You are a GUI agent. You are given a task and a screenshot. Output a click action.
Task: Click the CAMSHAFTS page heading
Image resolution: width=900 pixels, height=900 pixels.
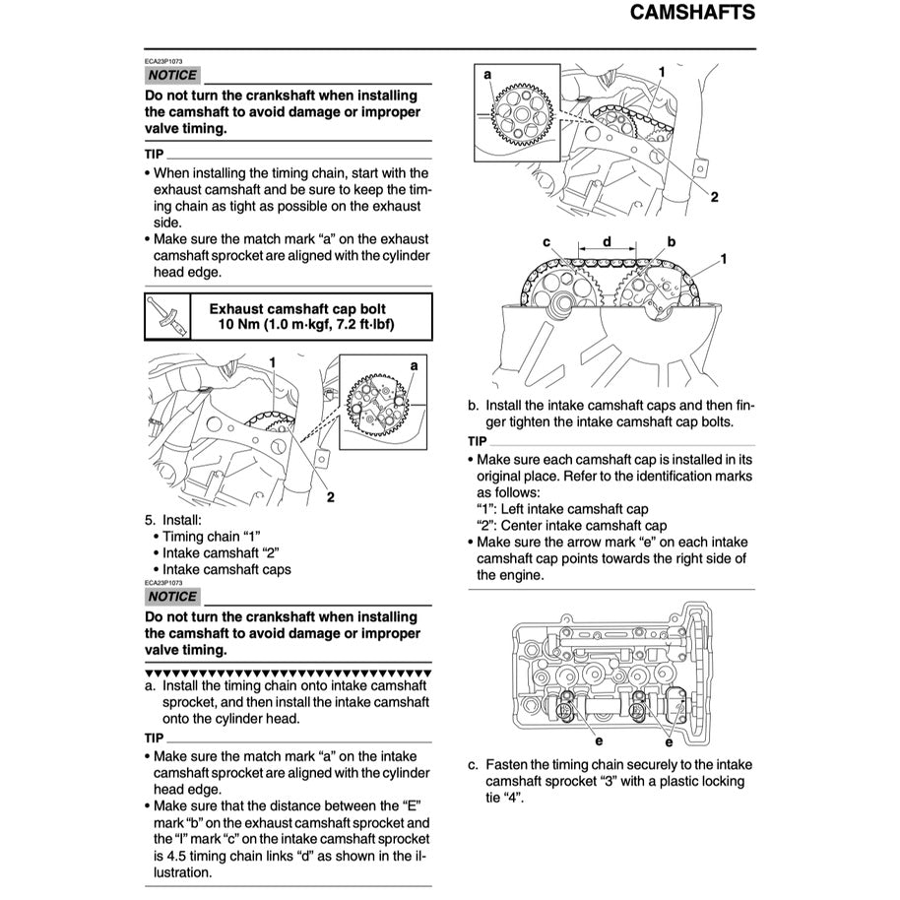point(691,14)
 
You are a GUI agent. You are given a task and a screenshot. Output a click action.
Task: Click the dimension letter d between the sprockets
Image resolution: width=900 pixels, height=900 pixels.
point(607,241)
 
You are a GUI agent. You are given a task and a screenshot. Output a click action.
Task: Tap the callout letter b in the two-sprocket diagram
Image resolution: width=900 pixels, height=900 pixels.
point(671,241)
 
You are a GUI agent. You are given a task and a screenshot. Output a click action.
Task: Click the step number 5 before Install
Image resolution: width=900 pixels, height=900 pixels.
point(149,519)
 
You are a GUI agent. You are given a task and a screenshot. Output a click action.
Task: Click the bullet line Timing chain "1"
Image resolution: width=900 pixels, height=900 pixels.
point(211,536)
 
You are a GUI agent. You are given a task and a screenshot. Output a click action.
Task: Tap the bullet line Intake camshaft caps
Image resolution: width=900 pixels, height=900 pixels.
point(225,569)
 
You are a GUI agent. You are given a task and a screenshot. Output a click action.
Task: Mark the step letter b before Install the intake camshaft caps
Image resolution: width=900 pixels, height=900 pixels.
point(473,405)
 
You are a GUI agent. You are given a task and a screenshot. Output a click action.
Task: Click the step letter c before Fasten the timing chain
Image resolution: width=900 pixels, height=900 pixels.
point(473,764)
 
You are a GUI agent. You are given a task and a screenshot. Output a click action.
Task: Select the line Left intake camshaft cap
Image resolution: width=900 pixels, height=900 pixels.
point(562,509)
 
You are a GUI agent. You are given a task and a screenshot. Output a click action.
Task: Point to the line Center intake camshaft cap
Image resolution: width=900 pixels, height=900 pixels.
point(571,526)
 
